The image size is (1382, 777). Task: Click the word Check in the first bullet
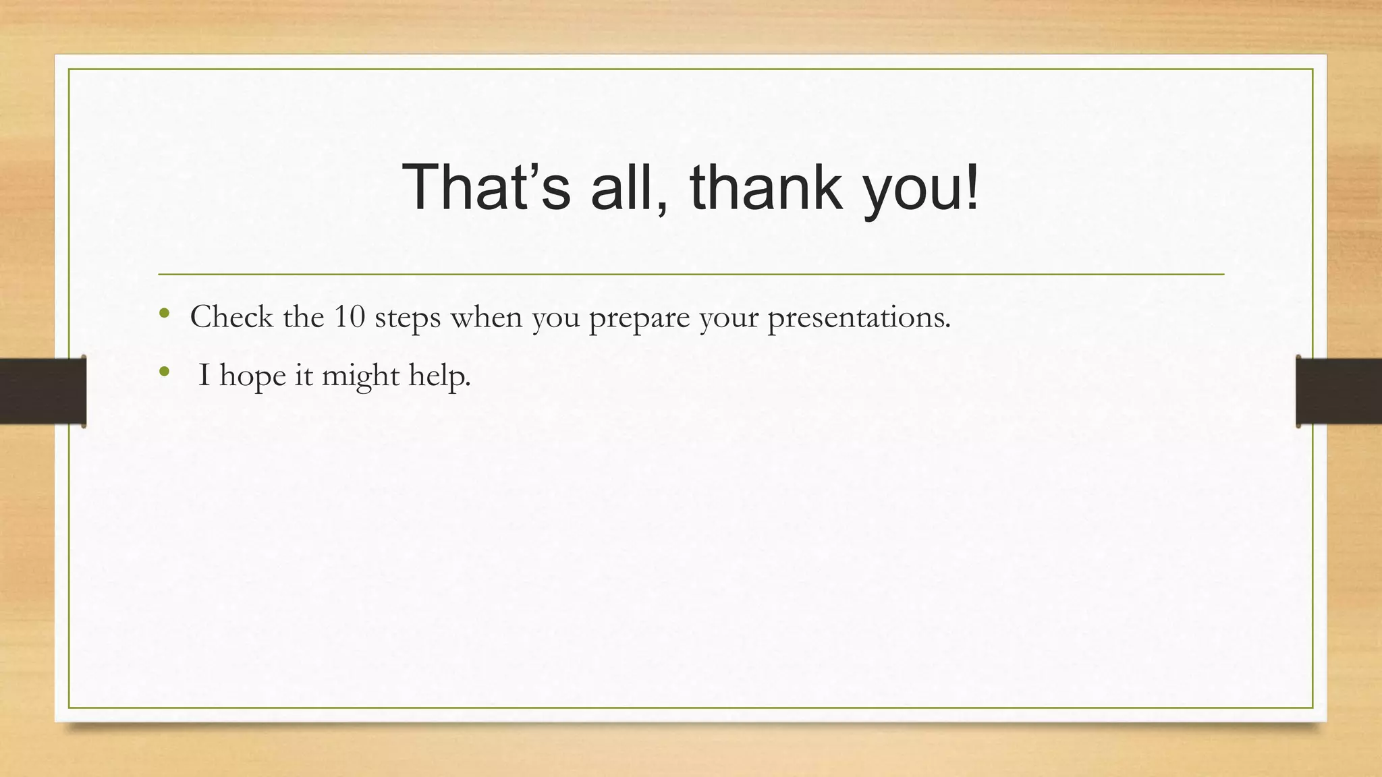pyautogui.click(x=231, y=316)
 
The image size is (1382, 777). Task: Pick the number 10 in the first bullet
pyautogui.click(x=349, y=316)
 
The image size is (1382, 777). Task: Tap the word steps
pyautogui.click(x=408, y=318)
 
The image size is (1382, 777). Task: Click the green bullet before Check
pyautogui.click(x=164, y=313)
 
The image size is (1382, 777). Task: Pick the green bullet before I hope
pyautogui.click(x=164, y=371)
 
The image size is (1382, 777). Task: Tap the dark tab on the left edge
pyautogui.click(x=43, y=391)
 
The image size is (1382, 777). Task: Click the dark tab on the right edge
pyautogui.click(x=1339, y=391)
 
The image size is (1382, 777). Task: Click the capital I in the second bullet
pyautogui.click(x=204, y=375)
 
